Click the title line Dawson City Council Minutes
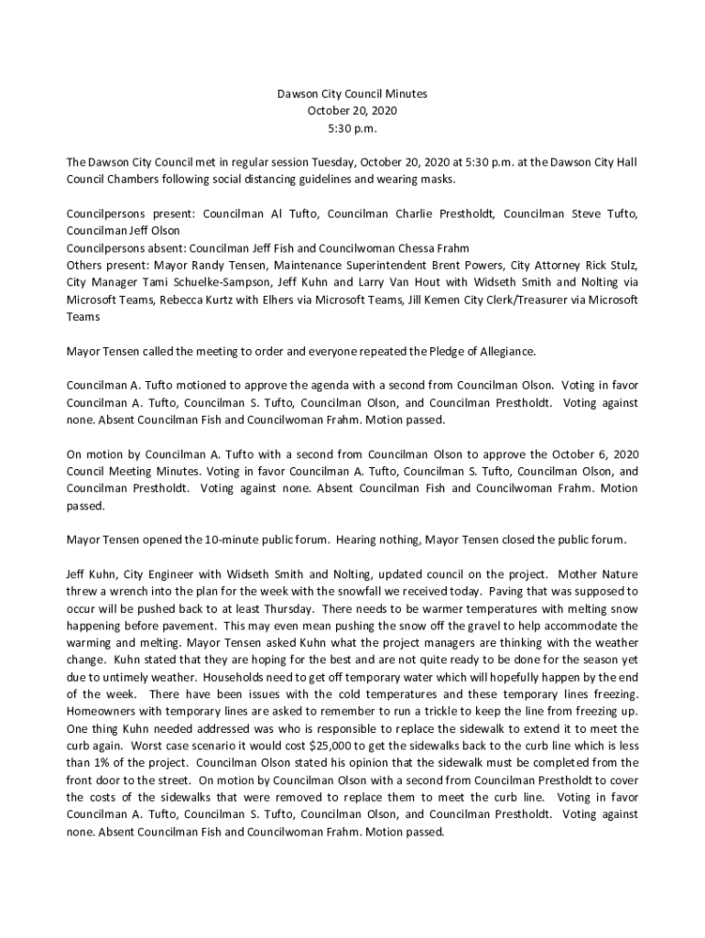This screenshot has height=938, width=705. tap(352, 93)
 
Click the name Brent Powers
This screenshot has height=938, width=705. tap(449, 266)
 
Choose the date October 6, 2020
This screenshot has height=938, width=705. tap(586, 453)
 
